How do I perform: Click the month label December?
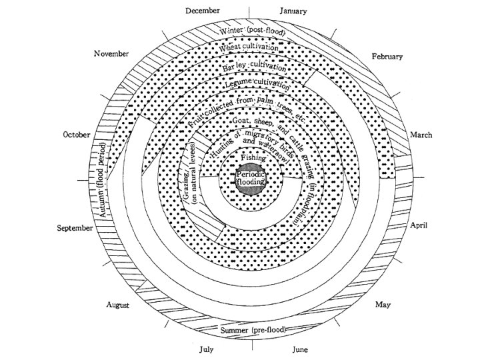(x=202, y=10)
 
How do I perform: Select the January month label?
(x=293, y=11)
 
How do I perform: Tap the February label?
(x=387, y=57)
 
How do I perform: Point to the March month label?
(x=421, y=135)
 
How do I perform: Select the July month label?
(x=207, y=349)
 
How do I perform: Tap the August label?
(x=118, y=305)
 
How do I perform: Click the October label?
(x=76, y=135)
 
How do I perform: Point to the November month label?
(x=111, y=53)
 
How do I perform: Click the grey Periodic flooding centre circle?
(x=251, y=178)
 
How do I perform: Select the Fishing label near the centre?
(x=253, y=159)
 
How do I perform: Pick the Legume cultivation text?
(x=257, y=85)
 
